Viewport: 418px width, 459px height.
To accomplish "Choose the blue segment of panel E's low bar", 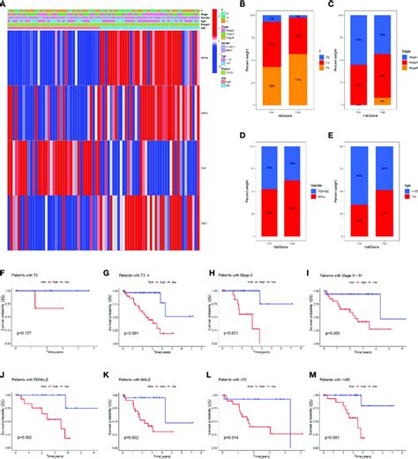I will point(351,170).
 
